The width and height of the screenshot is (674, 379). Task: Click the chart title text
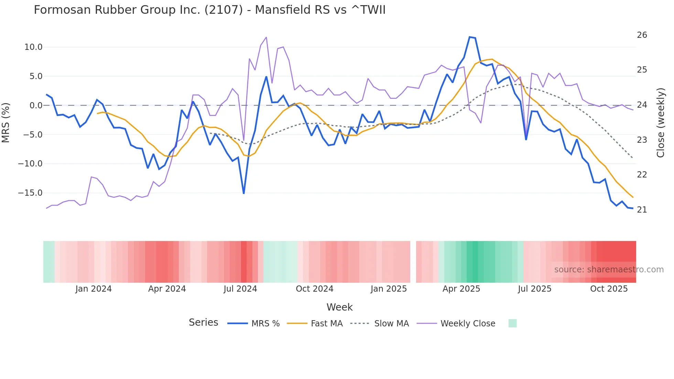(209, 10)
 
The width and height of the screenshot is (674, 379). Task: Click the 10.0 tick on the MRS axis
(33, 47)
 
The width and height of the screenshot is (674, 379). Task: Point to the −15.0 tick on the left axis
(30, 193)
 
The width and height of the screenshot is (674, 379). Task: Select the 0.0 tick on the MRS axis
(36, 106)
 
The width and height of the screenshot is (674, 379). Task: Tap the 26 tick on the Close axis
(642, 35)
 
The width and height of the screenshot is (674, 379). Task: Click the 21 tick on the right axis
(642, 210)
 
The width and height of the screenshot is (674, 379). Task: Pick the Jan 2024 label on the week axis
(94, 289)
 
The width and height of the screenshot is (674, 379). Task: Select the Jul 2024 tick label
(240, 289)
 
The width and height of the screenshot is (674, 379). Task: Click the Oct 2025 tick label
(609, 289)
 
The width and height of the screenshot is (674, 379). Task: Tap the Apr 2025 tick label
(461, 289)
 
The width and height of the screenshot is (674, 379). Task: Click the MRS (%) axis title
(6, 122)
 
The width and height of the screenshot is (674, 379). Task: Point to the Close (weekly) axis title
(661, 122)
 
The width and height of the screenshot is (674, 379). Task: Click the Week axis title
(339, 307)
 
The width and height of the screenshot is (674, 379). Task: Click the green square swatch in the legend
(512, 323)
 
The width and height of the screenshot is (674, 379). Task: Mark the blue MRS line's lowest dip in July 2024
(244, 193)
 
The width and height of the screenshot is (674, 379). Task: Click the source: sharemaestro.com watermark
(609, 270)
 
